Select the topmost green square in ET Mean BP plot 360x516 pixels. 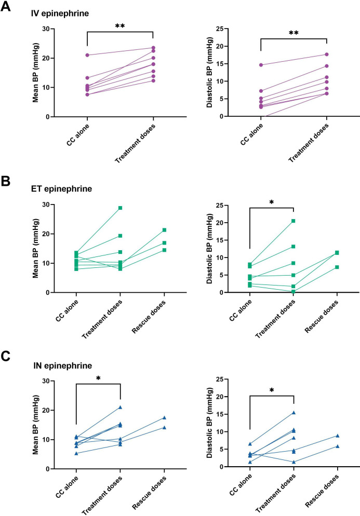point(121,208)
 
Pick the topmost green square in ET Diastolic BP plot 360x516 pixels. point(294,221)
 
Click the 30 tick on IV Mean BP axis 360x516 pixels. point(64,29)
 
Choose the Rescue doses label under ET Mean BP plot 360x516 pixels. point(153,318)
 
